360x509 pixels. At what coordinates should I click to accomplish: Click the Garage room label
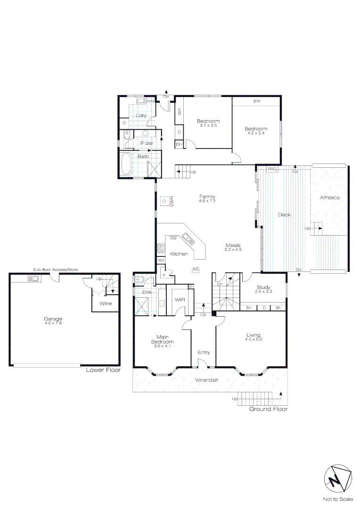53,319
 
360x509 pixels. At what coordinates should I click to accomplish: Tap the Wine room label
106,304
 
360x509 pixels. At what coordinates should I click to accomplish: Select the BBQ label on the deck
272,169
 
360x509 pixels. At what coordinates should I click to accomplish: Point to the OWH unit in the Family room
164,201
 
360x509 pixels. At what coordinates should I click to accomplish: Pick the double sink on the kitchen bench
189,239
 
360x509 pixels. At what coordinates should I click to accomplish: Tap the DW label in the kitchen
173,238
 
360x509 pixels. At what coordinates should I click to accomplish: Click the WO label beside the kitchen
161,260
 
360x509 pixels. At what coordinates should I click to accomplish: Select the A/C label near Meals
196,269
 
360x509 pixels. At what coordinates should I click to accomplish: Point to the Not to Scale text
337,499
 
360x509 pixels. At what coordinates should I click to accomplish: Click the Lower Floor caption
103,370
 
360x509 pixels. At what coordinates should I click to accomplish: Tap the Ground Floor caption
268,409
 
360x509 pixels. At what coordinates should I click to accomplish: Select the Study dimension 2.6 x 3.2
263,292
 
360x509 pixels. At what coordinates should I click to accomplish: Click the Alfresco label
329,197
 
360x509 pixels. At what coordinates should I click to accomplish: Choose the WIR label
179,299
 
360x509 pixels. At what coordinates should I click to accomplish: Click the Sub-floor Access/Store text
55,270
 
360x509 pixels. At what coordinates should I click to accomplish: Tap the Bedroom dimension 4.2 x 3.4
256,133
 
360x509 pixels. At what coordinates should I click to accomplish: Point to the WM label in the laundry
150,101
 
